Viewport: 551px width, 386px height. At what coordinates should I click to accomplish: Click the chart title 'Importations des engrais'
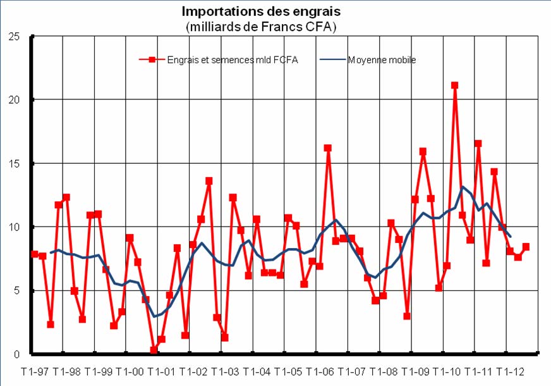(260, 11)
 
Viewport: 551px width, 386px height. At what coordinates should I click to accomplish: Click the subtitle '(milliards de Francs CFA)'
(260, 27)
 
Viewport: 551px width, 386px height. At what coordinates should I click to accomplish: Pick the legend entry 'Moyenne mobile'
(382, 60)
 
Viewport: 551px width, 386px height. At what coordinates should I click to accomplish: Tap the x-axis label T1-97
(35, 371)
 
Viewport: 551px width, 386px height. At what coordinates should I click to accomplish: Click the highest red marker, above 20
(454, 85)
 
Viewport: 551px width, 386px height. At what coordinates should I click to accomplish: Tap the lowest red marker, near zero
(154, 350)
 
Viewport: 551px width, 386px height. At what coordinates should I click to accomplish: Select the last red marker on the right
(526, 247)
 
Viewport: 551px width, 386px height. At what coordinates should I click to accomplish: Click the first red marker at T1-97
(35, 254)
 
